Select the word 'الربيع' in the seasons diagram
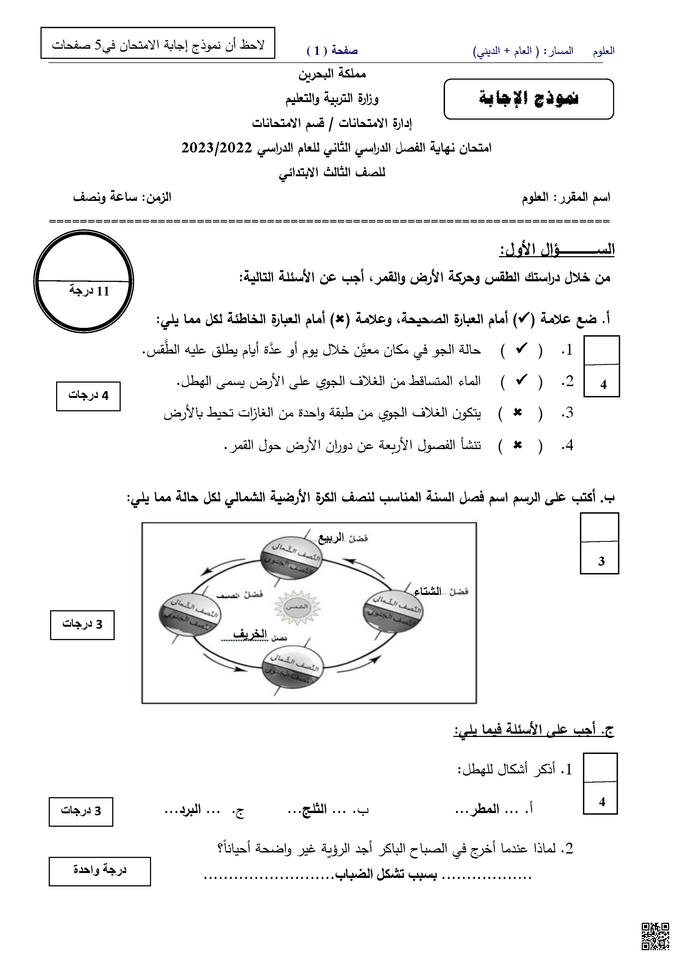[x=331, y=538]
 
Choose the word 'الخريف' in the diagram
[x=250, y=634]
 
